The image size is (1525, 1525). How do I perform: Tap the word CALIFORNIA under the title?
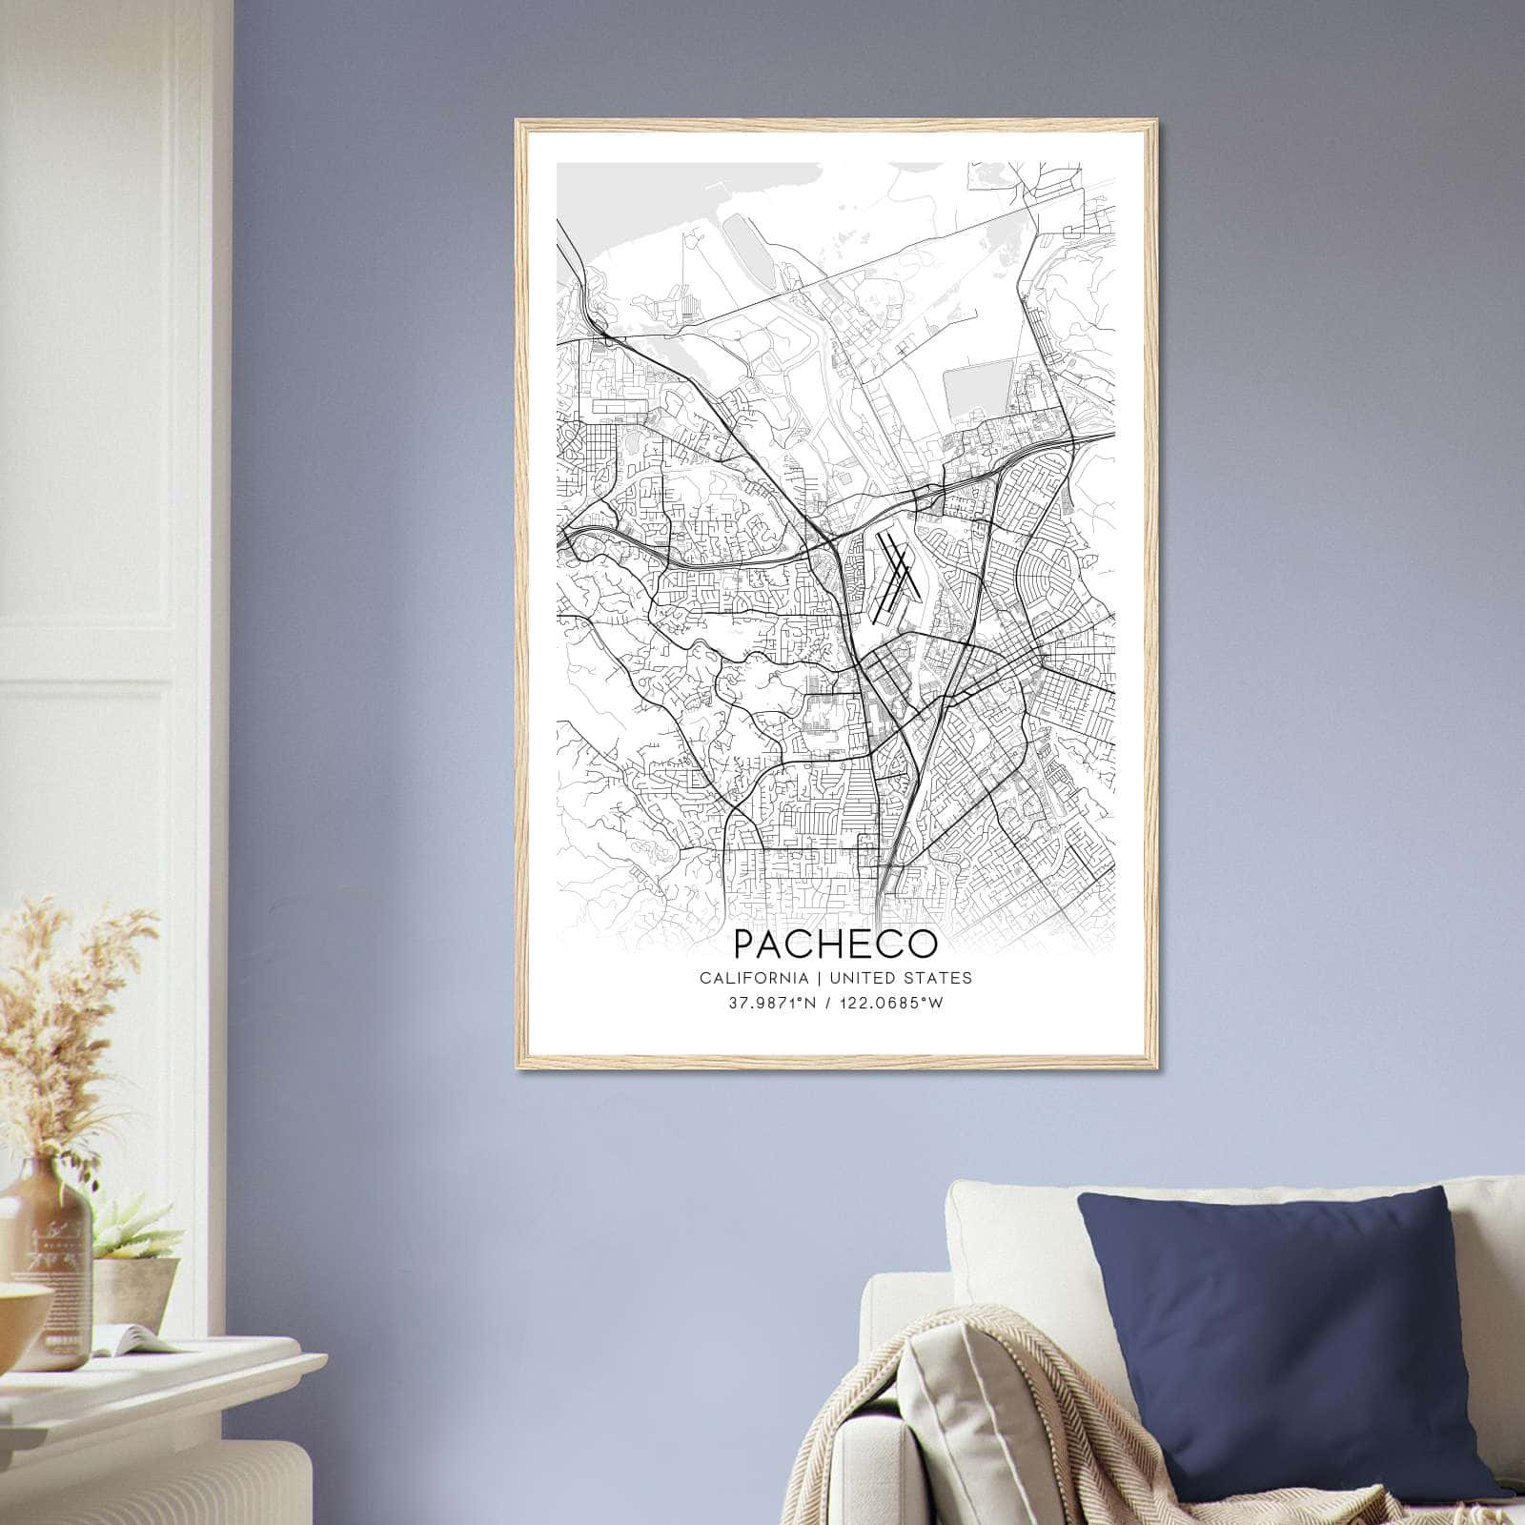click(753, 978)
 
